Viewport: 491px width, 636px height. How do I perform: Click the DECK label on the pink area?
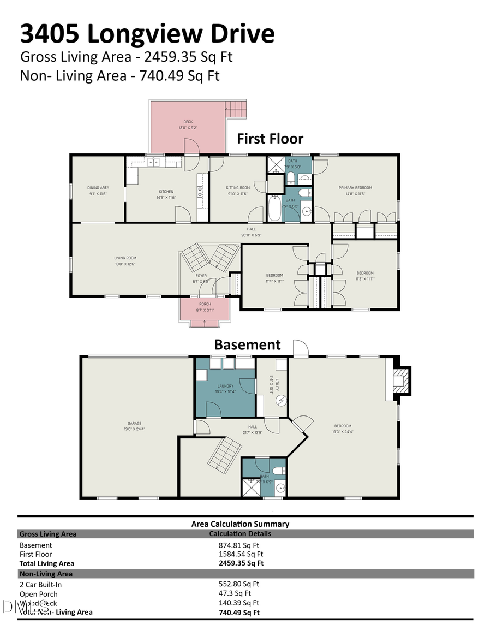tap(188, 122)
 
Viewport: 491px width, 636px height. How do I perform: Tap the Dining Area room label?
tap(98, 188)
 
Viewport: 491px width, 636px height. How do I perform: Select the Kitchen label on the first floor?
tap(166, 192)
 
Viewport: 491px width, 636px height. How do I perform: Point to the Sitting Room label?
tap(238, 188)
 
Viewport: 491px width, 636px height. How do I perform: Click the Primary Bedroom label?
tap(355, 188)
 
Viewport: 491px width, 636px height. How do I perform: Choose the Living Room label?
tap(125, 258)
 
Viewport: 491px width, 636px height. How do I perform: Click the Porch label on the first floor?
tap(204, 304)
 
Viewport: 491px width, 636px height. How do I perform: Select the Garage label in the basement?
tap(134, 424)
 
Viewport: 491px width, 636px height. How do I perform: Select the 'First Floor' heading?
tap(270, 139)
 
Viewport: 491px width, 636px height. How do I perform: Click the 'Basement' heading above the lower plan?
tap(247, 345)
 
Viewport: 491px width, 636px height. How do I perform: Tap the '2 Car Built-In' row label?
tap(40, 584)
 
